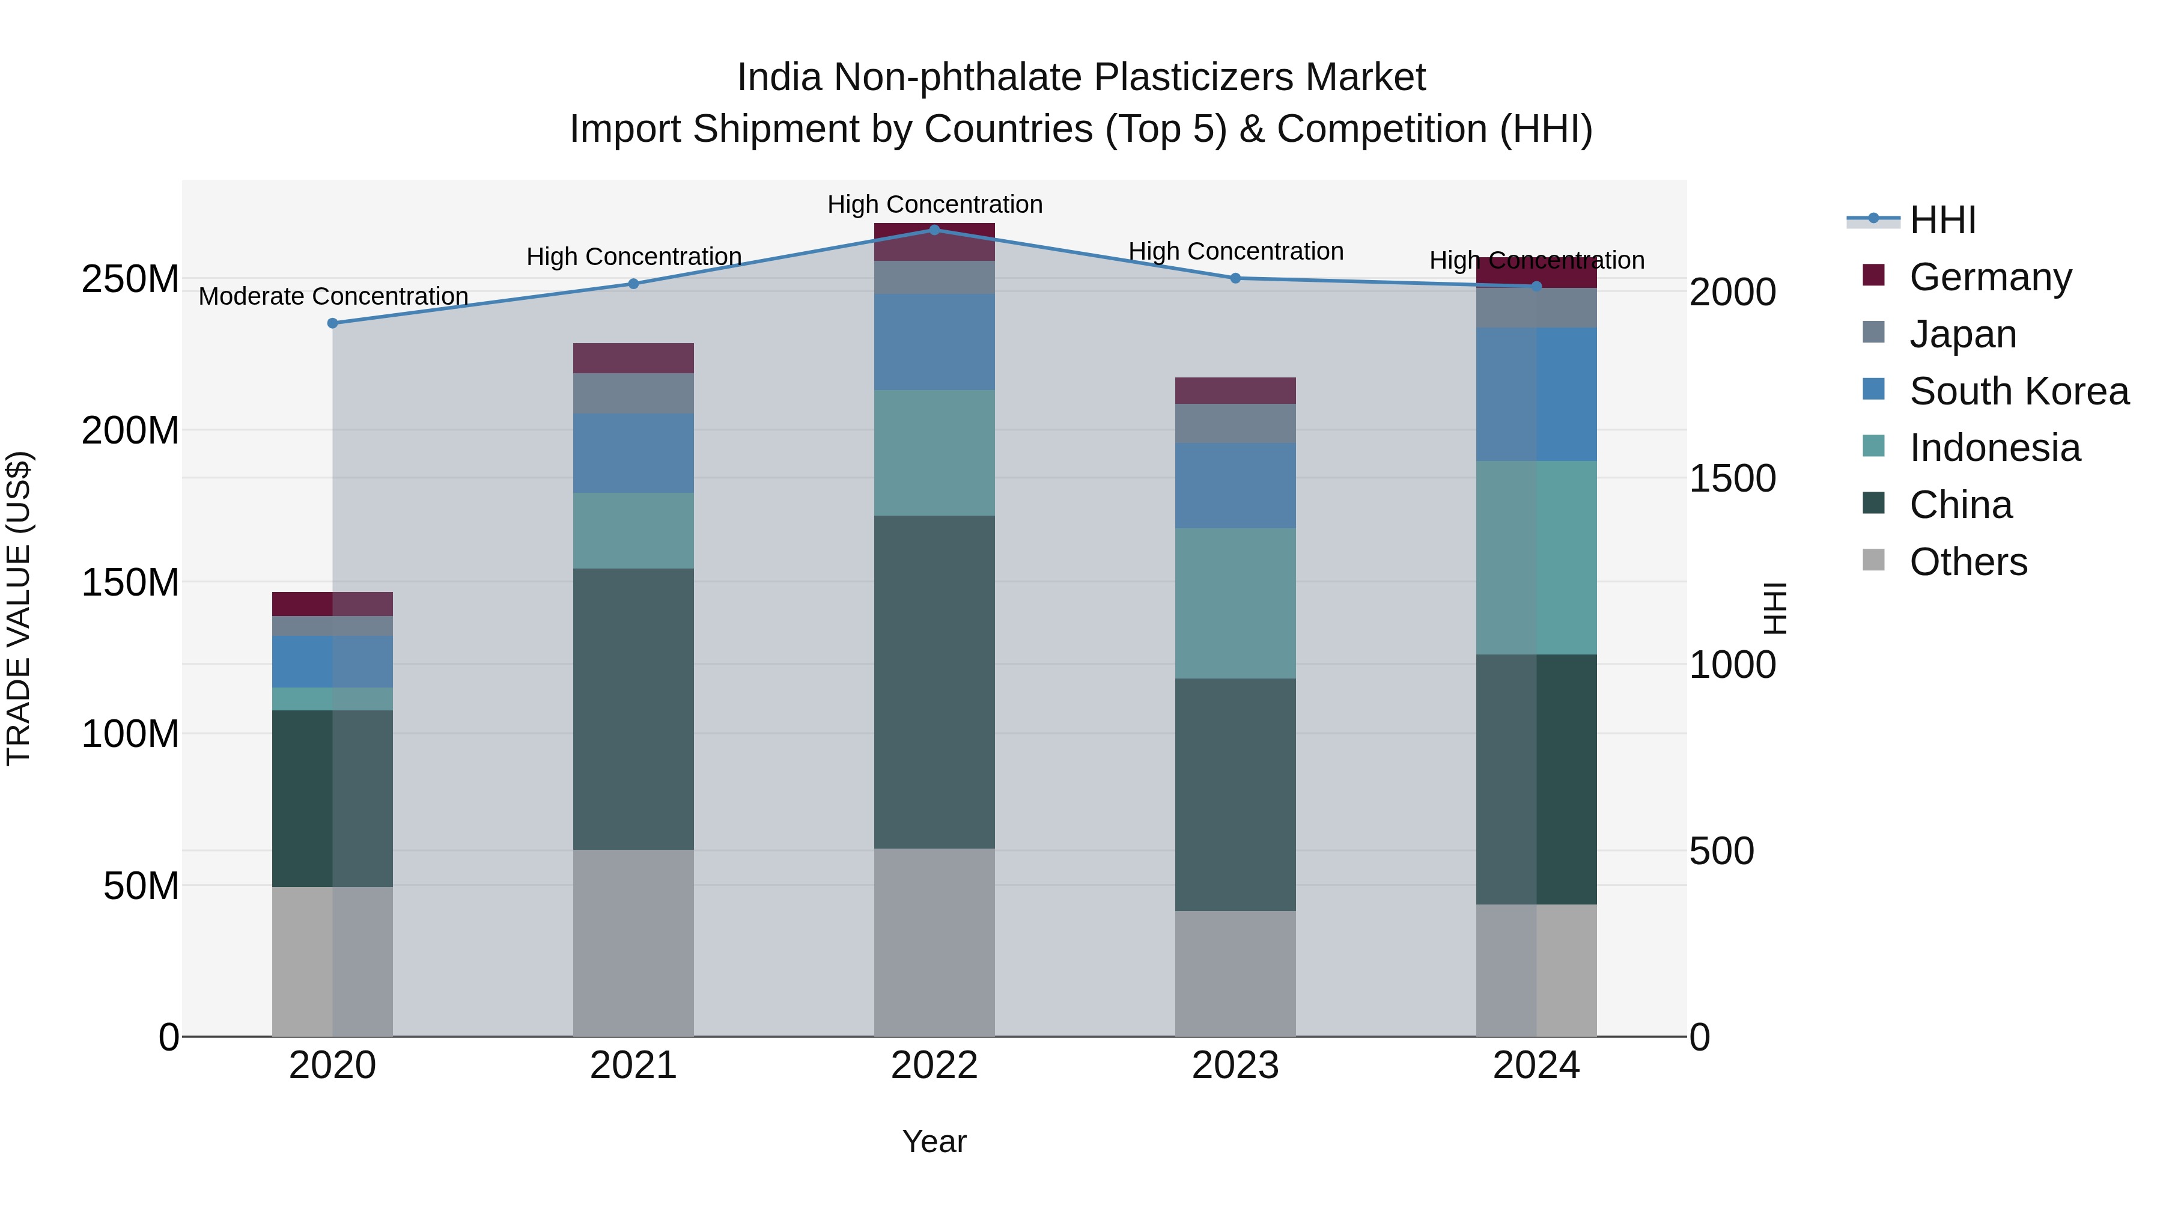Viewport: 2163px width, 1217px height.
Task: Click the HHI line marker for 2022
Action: (x=934, y=230)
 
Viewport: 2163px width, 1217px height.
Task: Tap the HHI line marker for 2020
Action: (x=332, y=323)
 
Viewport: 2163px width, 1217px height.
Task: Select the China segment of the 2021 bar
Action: (x=633, y=709)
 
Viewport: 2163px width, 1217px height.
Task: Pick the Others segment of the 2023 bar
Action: (x=1235, y=974)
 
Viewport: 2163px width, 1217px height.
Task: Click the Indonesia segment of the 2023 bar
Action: (x=1235, y=603)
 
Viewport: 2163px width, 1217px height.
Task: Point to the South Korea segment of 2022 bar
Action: (x=934, y=342)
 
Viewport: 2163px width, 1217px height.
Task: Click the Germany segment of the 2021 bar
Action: (x=633, y=358)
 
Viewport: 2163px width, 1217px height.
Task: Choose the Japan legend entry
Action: (x=1962, y=334)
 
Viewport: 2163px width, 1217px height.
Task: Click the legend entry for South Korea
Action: (x=2019, y=391)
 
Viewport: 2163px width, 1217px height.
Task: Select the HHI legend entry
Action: (x=1942, y=220)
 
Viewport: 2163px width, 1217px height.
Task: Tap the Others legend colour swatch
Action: (x=1873, y=560)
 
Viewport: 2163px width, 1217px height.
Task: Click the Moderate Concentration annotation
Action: (x=333, y=296)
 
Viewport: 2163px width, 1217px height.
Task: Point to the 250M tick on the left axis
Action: (x=130, y=279)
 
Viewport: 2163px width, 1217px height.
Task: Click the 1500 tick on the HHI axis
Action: (x=1732, y=479)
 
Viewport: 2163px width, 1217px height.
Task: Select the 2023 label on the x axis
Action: (x=1235, y=1066)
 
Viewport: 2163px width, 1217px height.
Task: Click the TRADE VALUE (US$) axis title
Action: (x=19, y=608)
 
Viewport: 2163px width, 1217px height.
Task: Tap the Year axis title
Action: (x=934, y=1141)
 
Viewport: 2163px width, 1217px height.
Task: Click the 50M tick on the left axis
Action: (x=141, y=885)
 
